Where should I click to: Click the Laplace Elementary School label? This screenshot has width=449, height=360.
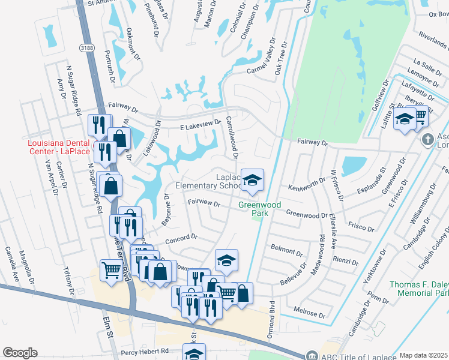(x=206, y=181)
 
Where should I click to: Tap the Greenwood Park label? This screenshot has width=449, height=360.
(x=260, y=209)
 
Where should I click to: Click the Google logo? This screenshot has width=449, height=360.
(x=20, y=353)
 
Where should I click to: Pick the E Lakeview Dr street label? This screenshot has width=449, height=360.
(x=201, y=124)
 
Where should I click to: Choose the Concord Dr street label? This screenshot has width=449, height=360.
(x=181, y=238)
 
